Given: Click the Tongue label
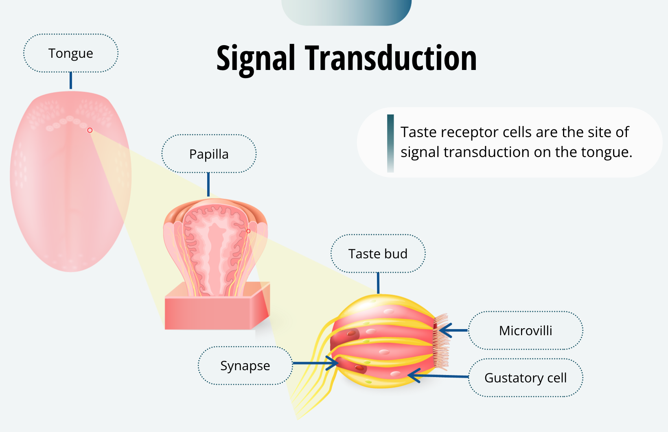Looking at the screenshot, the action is [71, 53].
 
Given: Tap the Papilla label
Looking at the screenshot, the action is [209, 154].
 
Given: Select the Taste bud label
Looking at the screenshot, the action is [378, 254].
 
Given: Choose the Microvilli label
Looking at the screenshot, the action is [526, 331].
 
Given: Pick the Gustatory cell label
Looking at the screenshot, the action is [526, 378].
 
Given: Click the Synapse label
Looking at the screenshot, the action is [245, 366].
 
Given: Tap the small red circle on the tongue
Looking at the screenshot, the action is [90, 130].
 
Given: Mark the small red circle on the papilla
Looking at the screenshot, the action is [248, 231].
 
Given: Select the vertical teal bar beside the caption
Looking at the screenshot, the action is [390, 143].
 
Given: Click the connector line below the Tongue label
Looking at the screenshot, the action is [71, 81].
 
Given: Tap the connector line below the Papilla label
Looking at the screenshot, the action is [208, 184].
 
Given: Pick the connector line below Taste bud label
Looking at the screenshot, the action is [378, 283].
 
